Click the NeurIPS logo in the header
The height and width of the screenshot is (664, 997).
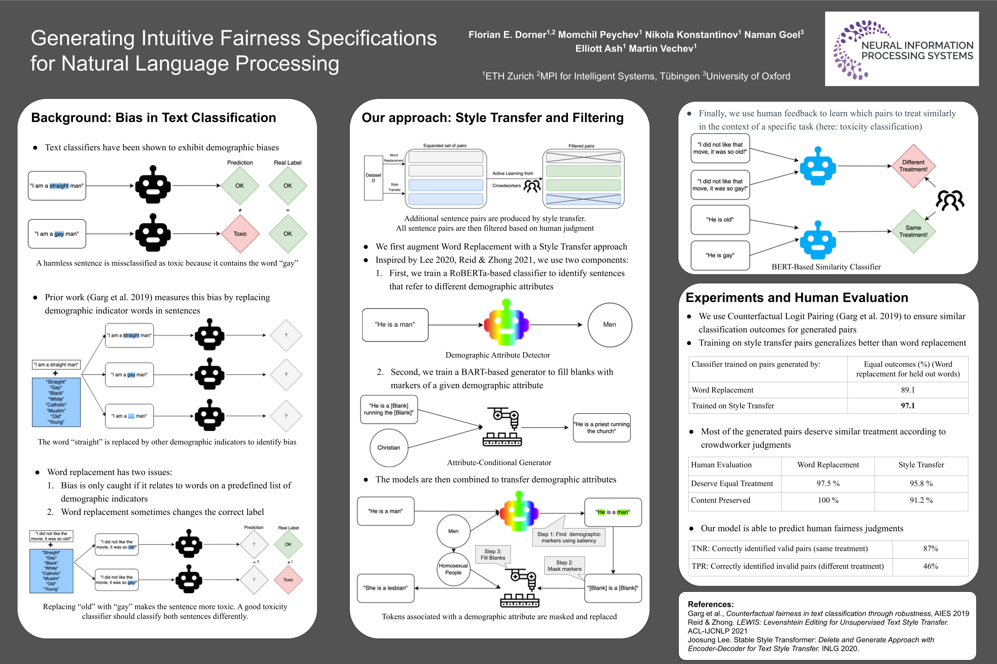(901, 49)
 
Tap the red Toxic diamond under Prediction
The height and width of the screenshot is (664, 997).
(240, 234)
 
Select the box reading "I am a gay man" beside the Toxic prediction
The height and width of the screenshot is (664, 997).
(57, 234)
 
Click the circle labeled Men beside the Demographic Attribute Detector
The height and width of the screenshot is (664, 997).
(609, 325)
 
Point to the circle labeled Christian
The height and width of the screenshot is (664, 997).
(388, 448)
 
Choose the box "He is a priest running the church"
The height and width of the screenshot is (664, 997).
(601, 428)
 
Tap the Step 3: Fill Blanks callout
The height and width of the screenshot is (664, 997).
(493, 554)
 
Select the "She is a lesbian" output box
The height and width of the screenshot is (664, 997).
(385, 588)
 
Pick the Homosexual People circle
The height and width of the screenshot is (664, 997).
(453, 569)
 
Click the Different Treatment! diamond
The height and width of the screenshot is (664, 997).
(913, 166)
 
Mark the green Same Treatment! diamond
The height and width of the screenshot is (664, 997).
(913, 231)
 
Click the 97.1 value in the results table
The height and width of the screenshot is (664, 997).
(908, 406)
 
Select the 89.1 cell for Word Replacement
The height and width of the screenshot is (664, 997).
(908, 390)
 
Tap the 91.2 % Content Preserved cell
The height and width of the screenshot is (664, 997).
(921, 500)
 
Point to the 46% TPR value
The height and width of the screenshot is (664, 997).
(930, 566)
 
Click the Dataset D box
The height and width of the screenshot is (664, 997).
(373, 178)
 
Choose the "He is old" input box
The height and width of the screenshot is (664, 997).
(720, 220)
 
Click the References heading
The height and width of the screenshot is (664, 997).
(711, 604)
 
